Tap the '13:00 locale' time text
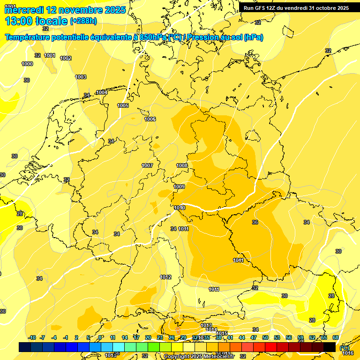click(x=37, y=21)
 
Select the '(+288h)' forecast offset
click(x=83, y=21)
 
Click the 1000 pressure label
click(x=27, y=64)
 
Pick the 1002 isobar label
click(x=66, y=58)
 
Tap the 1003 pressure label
click(x=81, y=77)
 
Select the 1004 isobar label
click(x=102, y=92)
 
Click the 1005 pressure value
click(x=123, y=105)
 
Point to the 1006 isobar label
click(x=150, y=119)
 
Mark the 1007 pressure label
click(x=147, y=165)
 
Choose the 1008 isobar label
click(x=182, y=165)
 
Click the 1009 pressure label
click(x=179, y=187)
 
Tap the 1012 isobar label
click(x=165, y=277)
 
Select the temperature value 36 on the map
click(x=255, y=222)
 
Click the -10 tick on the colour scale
click(x=32, y=337)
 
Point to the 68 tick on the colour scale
click(x=336, y=337)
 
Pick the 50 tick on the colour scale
click(x=265, y=337)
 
